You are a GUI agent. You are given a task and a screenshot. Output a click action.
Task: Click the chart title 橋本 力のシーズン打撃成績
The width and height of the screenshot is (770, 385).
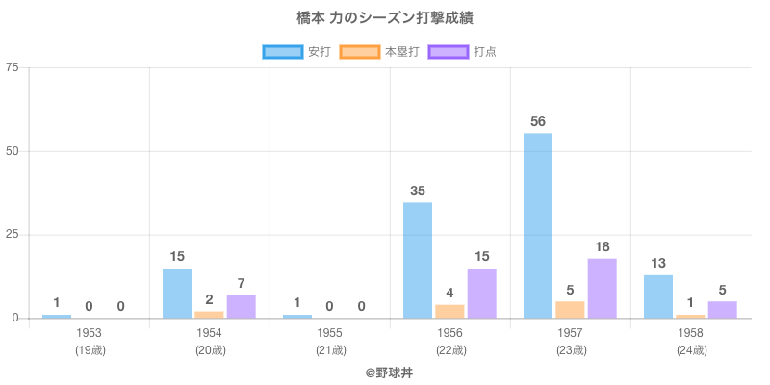(x=385, y=18)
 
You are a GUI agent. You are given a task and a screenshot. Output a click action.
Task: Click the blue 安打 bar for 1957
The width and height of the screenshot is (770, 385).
(x=538, y=225)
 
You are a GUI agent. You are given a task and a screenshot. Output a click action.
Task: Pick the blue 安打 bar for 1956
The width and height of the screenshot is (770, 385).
(x=418, y=260)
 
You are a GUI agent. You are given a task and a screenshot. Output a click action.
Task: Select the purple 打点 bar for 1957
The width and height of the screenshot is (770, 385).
(x=602, y=288)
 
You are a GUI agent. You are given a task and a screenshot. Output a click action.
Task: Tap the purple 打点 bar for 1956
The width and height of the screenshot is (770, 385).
(x=481, y=293)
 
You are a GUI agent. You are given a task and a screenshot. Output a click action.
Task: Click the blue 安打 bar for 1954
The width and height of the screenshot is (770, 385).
(x=177, y=293)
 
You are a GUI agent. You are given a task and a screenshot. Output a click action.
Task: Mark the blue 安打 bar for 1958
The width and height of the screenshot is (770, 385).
(x=658, y=296)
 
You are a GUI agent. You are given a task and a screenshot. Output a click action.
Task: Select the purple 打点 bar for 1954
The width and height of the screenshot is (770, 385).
(x=241, y=306)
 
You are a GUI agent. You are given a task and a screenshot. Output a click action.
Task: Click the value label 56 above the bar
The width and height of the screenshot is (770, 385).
(x=538, y=121)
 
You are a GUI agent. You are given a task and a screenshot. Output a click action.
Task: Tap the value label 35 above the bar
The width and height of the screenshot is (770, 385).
(x=418, y=191)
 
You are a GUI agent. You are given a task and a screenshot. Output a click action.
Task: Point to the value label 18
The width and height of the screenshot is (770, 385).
(x=602, y=246)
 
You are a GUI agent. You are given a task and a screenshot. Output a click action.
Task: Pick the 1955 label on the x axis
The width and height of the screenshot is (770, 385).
(x=330, y=333)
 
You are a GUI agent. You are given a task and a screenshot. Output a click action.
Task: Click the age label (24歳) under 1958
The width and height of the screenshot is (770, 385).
(x=691, y=350)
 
